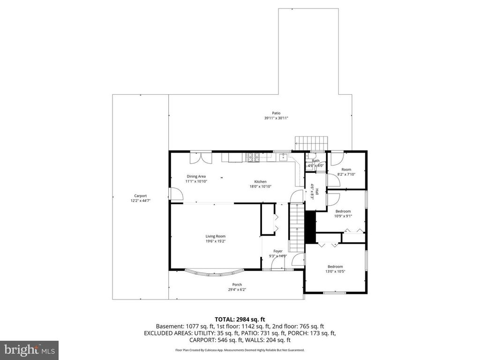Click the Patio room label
coord(276,113)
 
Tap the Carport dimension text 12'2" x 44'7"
coord(140,201)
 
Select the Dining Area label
coord(196,176)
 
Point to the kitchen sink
coord(284,158)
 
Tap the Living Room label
coord(215,236)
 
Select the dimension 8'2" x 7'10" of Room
coord(346,174)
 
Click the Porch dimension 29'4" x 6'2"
coord(237,290)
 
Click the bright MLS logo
coord(29,350)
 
